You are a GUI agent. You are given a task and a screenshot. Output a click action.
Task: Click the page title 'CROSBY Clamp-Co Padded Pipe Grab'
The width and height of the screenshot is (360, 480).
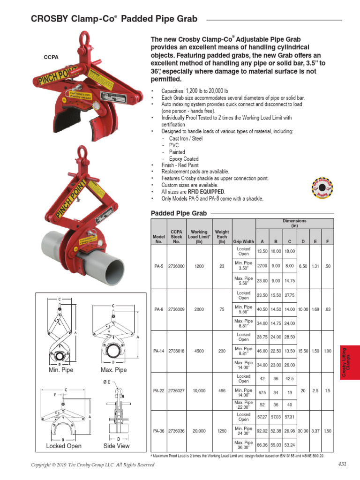pyautogui.click(x=114, y=20)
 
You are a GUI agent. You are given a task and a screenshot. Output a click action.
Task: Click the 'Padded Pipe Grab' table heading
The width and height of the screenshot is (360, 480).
pyautogui.click(x=179, y=213)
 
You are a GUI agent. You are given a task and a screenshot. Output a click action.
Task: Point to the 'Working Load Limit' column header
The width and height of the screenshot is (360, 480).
pyautogui.click(x=199, y=236)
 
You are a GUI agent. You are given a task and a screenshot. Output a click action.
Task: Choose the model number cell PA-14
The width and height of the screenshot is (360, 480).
pyautogui.click(x=159, y=351)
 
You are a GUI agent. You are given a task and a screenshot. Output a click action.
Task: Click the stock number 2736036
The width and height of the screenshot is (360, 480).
pyautogui.click(x=177, y=431)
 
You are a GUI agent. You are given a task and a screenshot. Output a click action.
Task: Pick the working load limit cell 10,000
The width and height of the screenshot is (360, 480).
pyautogui.click(x=199, y=390)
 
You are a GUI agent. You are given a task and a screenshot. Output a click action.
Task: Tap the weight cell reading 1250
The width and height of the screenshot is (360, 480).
pyautogui.click(x=222, y=431)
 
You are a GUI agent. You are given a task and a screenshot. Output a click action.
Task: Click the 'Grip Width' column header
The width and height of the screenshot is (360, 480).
pyautogui.click(x=243, y=242)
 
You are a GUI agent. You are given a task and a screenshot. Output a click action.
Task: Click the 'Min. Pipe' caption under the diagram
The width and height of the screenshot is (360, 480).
pyautogui.click(x=61, y=370)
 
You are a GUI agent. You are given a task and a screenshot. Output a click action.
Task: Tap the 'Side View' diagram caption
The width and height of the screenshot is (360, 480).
pyautogui.click(x=117, y=446)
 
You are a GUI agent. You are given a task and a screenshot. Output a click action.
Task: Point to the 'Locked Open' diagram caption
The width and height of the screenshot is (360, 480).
pyautogui.click(x=63, y=446)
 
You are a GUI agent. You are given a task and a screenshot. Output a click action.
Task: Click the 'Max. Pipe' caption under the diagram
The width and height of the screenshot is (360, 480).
pyautogui.click(x=114, y=370)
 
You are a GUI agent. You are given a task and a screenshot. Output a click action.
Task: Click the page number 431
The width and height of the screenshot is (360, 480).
pyautogui.click(x=342, y=464)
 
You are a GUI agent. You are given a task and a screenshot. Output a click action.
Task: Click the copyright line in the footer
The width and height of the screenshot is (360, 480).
pyautogui.click(x=92, y=465)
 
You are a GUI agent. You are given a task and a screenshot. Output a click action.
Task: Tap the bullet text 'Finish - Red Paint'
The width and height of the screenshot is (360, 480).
pyautogui.click(x=180, y=165)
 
